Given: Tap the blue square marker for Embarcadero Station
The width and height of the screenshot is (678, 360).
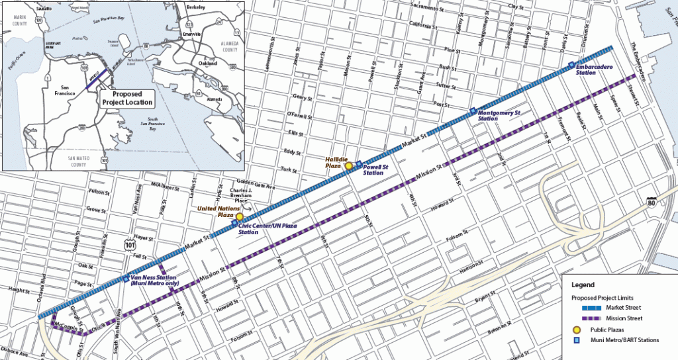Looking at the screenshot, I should pyautogui.click(x=571, y=64).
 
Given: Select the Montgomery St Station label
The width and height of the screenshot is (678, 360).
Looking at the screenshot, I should pyautogui.click(x=500, y=116).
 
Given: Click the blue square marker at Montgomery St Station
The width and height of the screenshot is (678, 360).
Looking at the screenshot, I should pyautogui.click(x=472, y=110).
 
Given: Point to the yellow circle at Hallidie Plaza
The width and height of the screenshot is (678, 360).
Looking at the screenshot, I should pyautogui.click(x=349, y=166).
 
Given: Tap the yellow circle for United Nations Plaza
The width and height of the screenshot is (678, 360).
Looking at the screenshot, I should pyautogui.click(x=240, y=217).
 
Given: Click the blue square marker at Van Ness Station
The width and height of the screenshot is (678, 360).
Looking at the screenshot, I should pyautogui.click(x=126, y=279).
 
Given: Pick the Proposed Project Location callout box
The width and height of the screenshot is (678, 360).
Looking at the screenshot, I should pyautogui.click(x=126, y=98).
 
